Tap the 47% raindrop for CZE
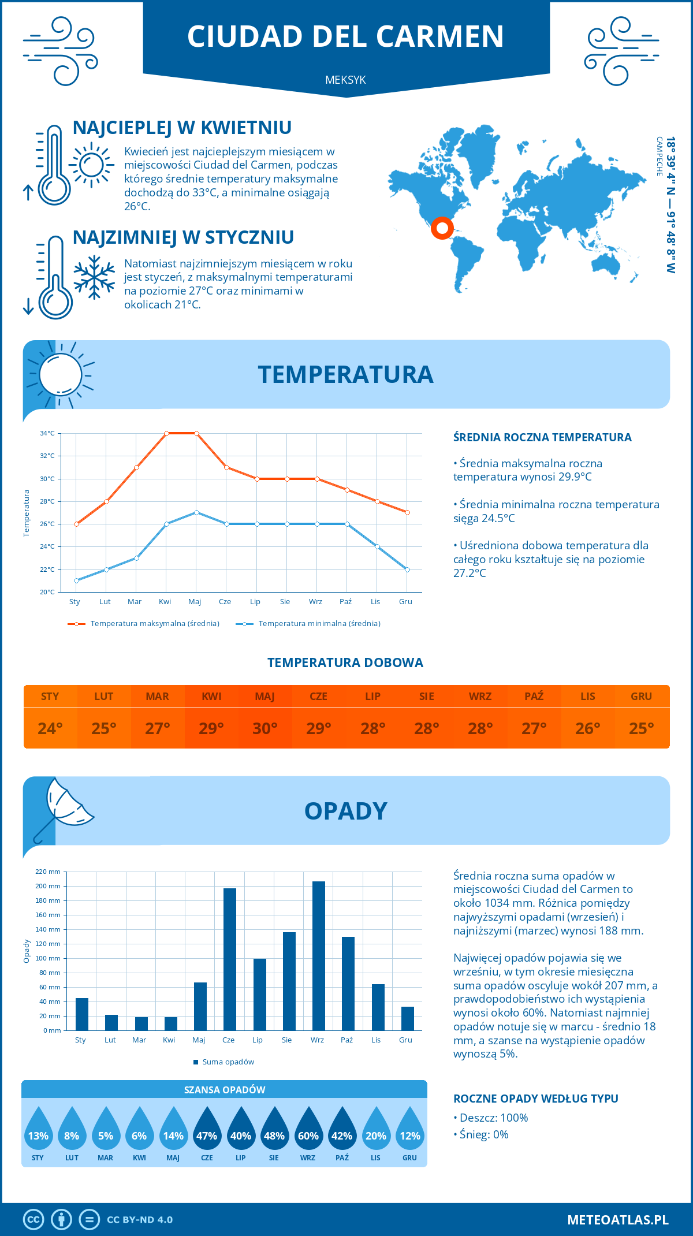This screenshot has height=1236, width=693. click(207, 1132)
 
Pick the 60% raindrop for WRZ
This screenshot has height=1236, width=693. click(308, 1132)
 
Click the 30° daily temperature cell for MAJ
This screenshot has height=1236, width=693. click(265, 728)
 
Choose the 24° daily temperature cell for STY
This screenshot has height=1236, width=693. click(50, 728)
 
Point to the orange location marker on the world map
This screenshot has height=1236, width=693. click(442, 228)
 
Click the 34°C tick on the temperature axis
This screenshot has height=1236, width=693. click(47, 433)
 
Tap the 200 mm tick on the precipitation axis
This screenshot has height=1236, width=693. click(48, 886)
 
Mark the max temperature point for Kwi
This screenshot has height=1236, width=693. click(166, 433)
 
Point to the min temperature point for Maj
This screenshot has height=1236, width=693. click(196, 512)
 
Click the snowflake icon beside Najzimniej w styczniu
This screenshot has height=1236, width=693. click(94, 277)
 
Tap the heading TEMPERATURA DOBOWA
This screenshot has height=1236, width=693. click(345, 662)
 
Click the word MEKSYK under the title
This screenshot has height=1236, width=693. click(345, 80)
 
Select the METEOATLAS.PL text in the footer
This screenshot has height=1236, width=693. click(618, 1220)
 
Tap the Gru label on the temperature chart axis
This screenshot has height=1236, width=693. click(405, 602)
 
